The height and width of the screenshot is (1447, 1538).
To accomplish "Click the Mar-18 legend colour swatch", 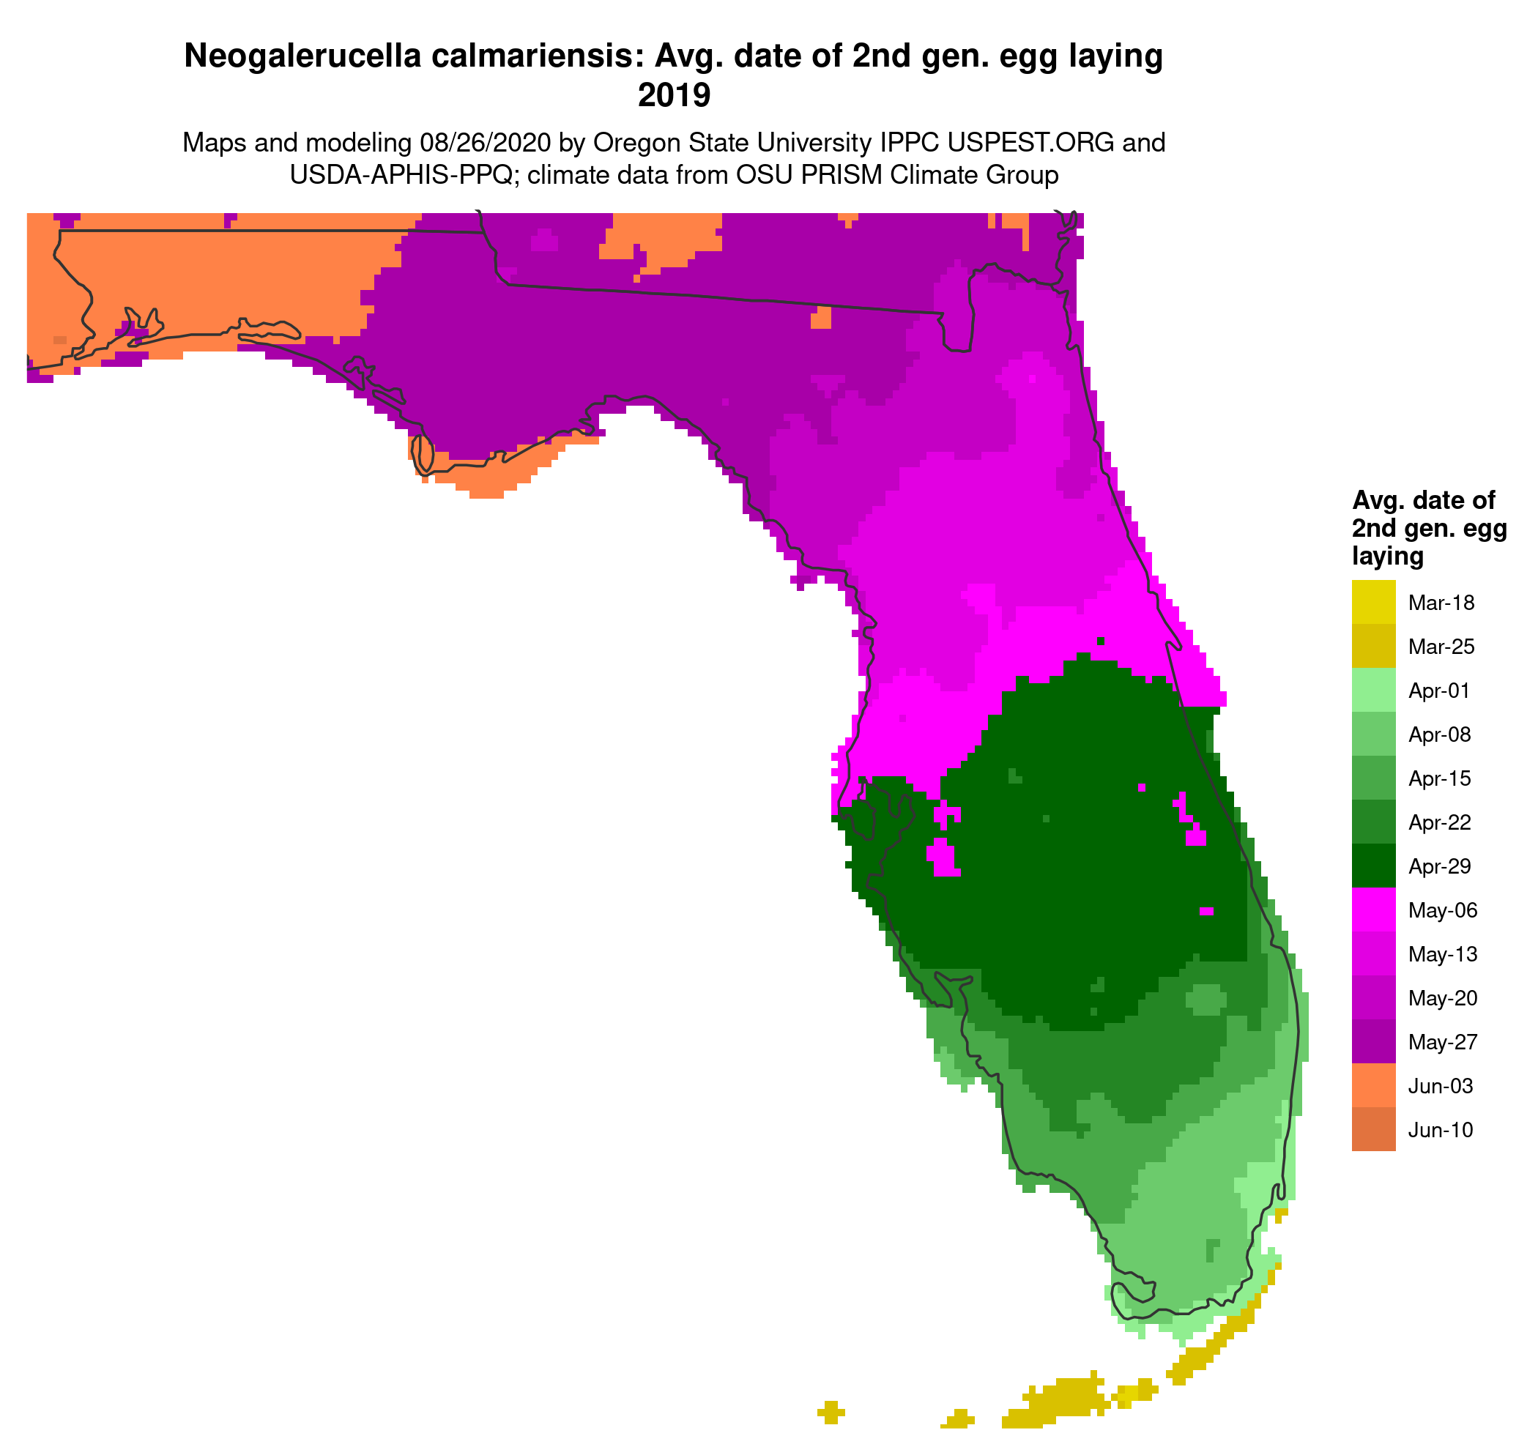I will pos(1373,602).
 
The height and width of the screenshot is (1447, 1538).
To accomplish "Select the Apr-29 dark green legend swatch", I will pos(1373,866).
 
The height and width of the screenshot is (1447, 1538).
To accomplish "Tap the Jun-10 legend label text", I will pos(1440,1130).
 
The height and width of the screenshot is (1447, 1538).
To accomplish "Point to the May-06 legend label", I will pos(1442,910).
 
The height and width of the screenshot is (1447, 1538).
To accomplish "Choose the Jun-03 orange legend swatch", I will pos(1373,1085).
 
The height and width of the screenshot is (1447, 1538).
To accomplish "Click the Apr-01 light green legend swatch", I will pos(1373,690).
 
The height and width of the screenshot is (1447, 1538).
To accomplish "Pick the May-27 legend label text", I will pos(1442,1042).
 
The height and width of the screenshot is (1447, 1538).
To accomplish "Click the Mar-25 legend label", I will pos(1441,647).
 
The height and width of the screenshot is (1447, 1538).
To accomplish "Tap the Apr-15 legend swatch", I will pos(1373,778).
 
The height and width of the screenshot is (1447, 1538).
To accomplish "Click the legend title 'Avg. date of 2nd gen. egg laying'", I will pos(1429,527).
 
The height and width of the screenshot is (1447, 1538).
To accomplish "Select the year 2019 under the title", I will pos(673,95).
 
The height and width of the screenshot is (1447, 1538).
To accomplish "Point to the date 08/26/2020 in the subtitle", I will pos(485,142).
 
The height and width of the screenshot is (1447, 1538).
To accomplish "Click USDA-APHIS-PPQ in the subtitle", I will pos(401,175).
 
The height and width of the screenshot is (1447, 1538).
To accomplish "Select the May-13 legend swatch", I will pos(1373,953).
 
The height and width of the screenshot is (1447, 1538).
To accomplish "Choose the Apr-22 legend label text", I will pos(1440,822).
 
